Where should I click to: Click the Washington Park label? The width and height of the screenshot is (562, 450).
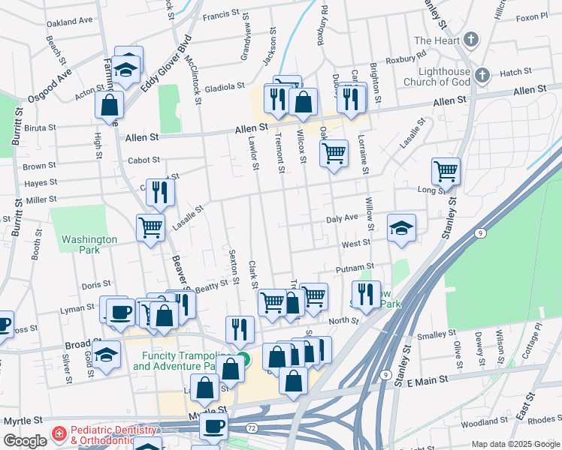89,244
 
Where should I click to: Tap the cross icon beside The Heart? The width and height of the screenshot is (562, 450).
470,40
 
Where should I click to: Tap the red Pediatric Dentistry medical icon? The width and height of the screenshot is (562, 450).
59,434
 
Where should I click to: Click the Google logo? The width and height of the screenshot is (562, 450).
25,441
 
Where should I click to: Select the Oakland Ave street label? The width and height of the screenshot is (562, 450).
69,22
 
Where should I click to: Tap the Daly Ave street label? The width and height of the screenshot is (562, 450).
342,219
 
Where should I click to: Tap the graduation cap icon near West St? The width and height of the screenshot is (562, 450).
402,228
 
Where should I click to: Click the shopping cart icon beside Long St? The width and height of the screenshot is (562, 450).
446,172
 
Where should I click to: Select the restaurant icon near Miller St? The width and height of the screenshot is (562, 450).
160,192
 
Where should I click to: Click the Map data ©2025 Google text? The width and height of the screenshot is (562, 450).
515,444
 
